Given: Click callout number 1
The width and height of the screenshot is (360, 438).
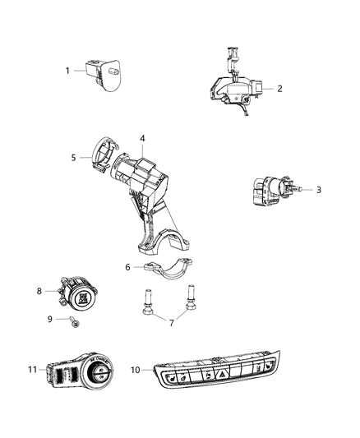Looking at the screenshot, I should (68, 71).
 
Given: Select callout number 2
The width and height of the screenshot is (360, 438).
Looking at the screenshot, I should (280, 89).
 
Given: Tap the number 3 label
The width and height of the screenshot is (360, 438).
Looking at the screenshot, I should (319, 190).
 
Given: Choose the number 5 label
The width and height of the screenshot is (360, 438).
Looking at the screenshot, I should (73, 157).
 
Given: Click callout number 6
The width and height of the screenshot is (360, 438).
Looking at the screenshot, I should (127, 267).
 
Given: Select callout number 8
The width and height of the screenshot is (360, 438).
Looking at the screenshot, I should (39, 291).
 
